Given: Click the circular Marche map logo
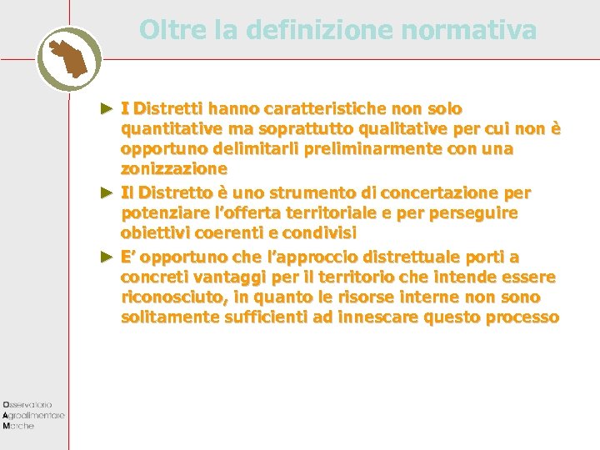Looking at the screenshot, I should pos(69,57).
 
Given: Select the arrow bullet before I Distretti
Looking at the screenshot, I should pos(106,108).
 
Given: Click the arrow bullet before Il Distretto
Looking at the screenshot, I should pos(106,192).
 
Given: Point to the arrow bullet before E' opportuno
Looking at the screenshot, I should pos(106,256).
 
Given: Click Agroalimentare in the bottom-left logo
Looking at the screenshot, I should pos(34,414).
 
